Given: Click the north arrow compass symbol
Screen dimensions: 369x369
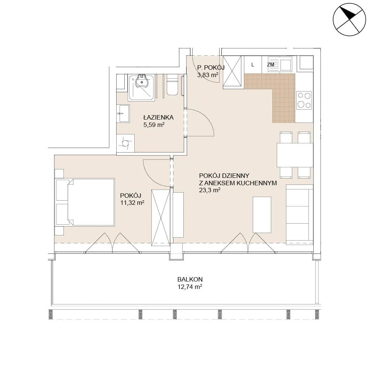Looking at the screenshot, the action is pyautogui.click(x=349, y=20).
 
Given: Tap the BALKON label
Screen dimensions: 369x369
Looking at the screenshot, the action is pyautogui.click(x=190, y=279).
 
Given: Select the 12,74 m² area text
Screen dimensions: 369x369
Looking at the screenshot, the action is pyautogui.click(x=190, y=287).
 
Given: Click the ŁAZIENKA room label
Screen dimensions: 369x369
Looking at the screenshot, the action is pyautogui.click(x=158, y=117).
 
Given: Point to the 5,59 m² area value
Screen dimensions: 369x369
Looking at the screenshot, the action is pyautogui.click(x=154, y=125).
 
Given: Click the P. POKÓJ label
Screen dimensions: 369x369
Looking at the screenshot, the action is pyautogui.click(x=211, y=68).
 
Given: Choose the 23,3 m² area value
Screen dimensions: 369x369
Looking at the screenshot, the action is pyautogui.click(x=210, y=190).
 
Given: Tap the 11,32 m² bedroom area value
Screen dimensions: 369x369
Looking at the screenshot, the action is pyautogui.click(x=132, y=203).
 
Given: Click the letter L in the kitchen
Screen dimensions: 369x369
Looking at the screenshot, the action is pyautogui.click(x=253, y=65).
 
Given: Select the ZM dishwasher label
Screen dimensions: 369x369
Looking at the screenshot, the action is pyautogui.click(x=270, y=64).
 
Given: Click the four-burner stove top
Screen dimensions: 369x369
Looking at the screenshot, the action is pyautogui.click(x=304, y=100).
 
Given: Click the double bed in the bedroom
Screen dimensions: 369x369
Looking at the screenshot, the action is pyautogui.click(x=85, y=202).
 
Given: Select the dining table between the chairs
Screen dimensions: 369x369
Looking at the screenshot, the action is pyautogui.click(x=295, y=155).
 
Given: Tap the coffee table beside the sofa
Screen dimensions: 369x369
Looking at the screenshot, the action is pyautogui.click(x=262, y=215).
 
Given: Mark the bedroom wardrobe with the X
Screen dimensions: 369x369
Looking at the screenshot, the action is pyautogui.click(x=161, y=218).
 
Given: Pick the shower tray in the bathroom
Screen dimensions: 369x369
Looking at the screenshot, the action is pyautogui.click(x=141, y=87).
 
